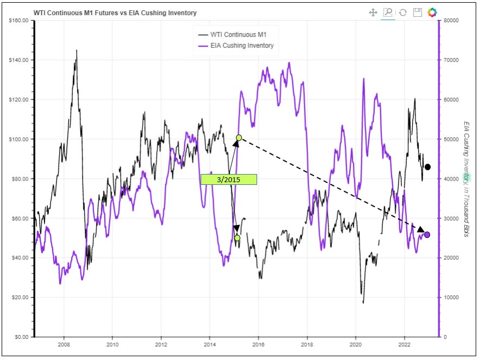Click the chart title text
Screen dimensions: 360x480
[x=115, y=12]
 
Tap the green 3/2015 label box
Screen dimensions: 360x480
[x=228, y=179]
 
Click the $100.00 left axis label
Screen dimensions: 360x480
[x=21, y=139]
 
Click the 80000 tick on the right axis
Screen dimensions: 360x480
[x=452, y=21]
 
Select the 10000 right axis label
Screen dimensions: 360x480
[x=452, y=298]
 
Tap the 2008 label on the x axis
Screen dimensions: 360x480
[x=64, y=344]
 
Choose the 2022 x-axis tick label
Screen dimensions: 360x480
[x=404, y=344]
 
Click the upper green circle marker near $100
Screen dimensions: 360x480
[x=239, y=138]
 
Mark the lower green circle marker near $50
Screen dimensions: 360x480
[x=237, y=237]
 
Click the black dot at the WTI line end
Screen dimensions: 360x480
[x=427, y=167]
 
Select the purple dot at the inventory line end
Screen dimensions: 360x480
[x=427, y=234]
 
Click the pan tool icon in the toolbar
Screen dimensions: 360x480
[x=373, y=12]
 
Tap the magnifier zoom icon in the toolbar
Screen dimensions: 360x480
[x=388, y=12]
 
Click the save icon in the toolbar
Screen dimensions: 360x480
[x=417, y=12]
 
